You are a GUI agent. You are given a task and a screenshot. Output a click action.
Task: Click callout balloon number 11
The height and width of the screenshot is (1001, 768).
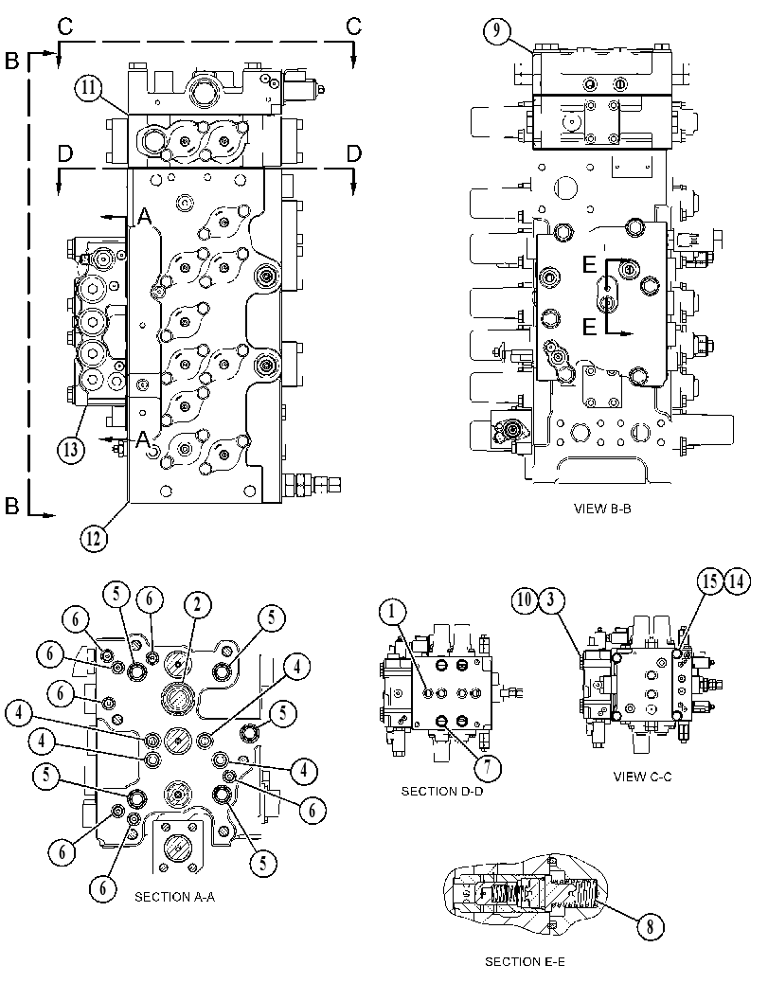pos(89,87)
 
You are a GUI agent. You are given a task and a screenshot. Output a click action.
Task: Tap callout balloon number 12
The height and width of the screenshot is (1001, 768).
pos(93,538)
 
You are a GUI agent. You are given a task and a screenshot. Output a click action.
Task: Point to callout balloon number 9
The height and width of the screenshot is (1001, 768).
pos(496,31)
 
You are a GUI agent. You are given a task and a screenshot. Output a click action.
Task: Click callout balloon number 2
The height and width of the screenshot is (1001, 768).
pos(197,604)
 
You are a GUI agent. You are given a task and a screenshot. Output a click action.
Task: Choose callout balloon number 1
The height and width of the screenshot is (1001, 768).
pos(392,612)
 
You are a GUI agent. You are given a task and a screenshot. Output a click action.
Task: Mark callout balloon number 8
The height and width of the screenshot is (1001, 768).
pos(650,926)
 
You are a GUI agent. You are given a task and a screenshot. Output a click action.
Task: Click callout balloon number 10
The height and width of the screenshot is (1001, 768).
pos(525,600)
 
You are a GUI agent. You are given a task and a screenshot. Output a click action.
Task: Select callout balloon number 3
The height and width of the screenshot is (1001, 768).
pos(551,600)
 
